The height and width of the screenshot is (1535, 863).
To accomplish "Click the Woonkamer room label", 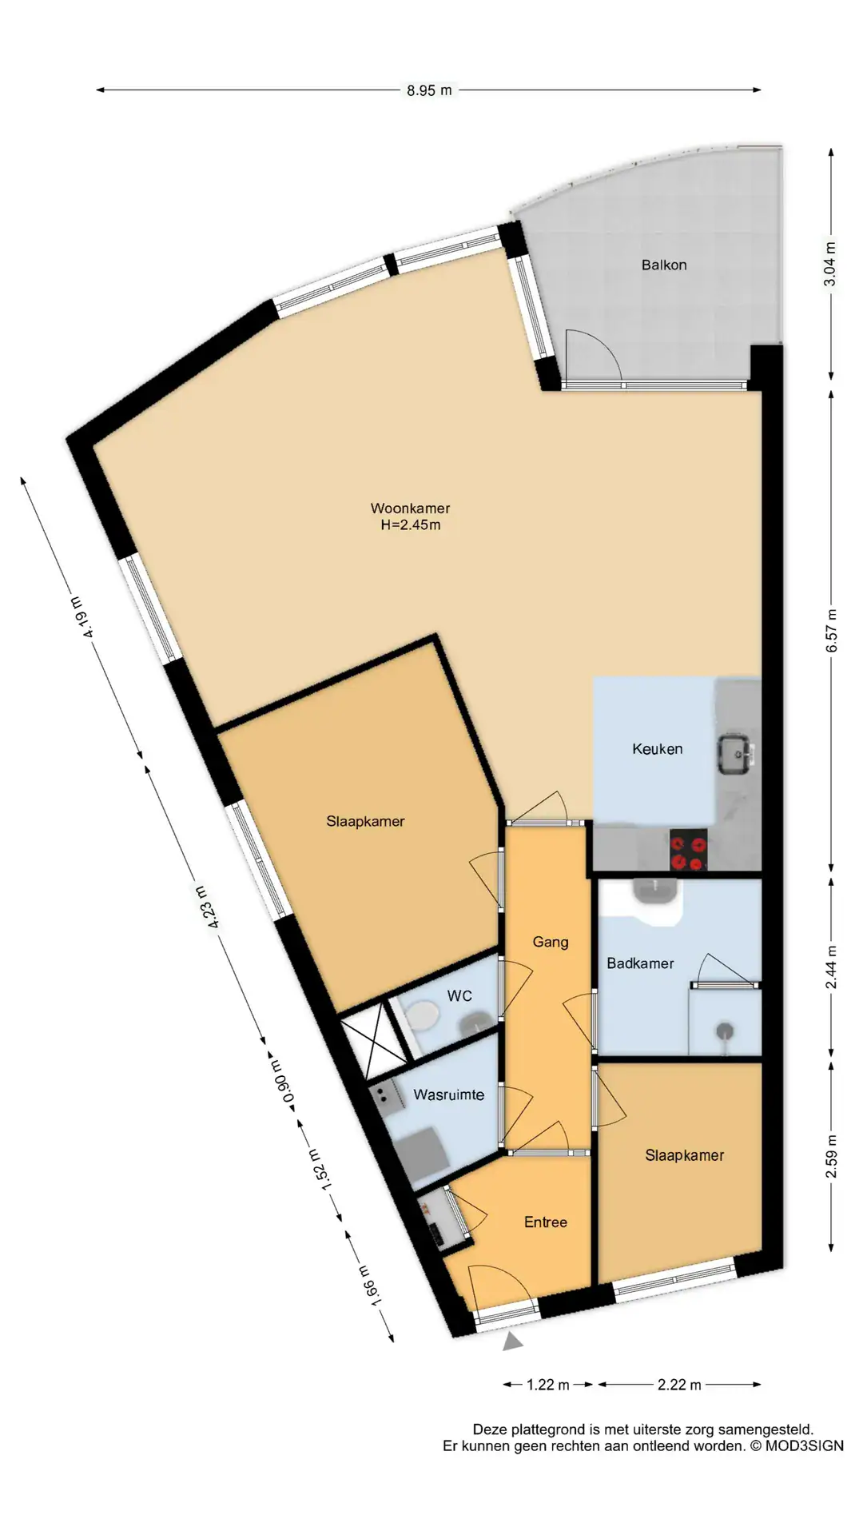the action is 410,508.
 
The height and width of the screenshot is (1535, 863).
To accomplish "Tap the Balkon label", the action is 664,265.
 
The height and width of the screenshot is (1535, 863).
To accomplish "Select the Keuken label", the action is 658,749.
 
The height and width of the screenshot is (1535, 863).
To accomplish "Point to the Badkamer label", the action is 640,963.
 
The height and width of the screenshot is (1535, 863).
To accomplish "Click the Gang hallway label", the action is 551,943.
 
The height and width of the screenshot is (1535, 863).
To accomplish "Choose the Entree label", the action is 546,1222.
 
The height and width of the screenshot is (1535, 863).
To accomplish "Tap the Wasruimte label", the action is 449,1094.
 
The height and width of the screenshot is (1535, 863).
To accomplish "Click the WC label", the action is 459,995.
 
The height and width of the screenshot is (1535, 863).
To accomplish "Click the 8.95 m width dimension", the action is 429,90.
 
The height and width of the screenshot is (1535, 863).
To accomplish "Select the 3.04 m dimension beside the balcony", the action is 831,264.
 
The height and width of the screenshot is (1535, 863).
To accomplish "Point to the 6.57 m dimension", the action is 831,631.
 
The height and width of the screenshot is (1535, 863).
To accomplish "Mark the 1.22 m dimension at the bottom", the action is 548,1384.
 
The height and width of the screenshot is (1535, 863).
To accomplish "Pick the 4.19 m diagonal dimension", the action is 83,616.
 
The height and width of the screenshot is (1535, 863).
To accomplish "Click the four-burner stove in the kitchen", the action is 688,850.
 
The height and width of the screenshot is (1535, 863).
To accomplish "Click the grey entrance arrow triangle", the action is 512,1341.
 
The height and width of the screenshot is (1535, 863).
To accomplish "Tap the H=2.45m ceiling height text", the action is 411,525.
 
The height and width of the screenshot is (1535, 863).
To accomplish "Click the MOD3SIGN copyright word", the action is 805,1445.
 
